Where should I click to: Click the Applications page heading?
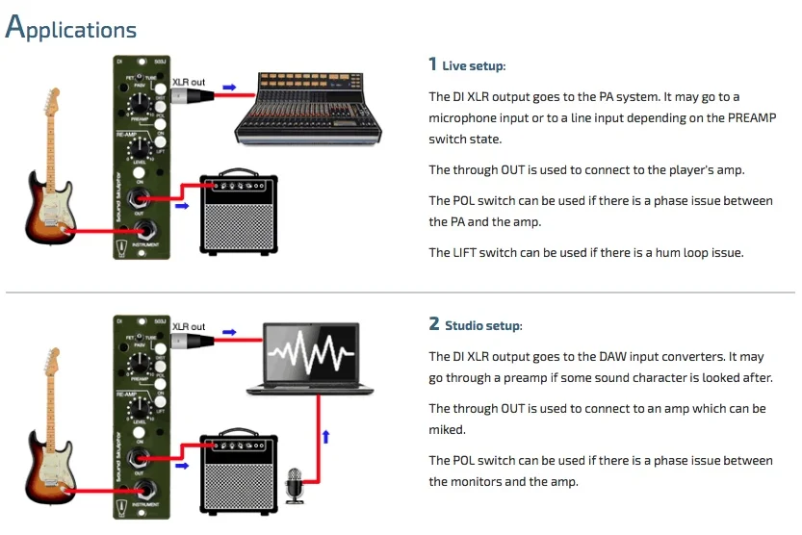(x=71, y=29)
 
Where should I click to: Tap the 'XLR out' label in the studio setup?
(x=189, y=328)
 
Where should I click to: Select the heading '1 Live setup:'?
(x=467, y=65)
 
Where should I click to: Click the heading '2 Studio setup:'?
(x=476, y=325)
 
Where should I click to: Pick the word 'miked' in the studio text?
(x=446, y=429)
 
